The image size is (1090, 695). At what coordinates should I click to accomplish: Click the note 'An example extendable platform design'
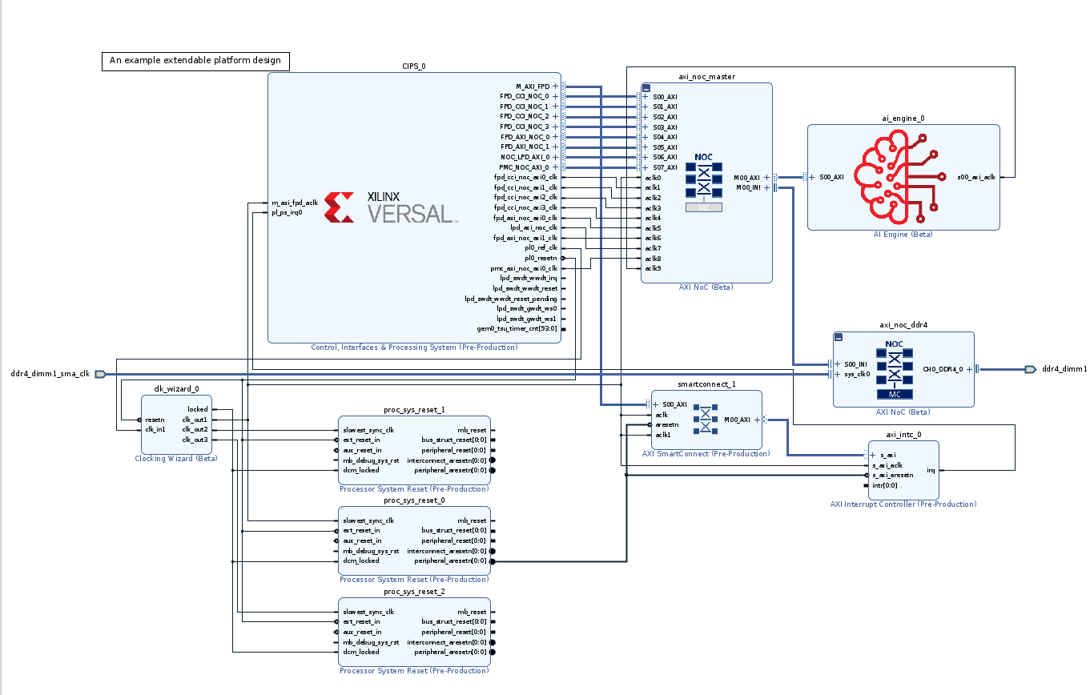[x=195, y=61]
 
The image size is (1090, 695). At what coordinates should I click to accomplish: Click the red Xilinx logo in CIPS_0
[x=341, y=207]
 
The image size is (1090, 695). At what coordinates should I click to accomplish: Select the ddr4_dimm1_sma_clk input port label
[x=50, y=374]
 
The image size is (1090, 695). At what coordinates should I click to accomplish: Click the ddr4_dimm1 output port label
[x=1061, y=369]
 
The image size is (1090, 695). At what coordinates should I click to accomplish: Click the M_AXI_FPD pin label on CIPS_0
[x=533, y=86]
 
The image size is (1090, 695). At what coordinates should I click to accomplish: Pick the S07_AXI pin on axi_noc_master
[x=664, y=167]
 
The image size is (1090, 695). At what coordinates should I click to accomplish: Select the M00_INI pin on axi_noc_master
[x=748, y=188]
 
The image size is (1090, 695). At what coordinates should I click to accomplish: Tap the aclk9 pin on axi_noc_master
[x=654, y=268]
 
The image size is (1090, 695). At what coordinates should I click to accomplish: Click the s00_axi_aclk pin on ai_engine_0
[x=976, y=177]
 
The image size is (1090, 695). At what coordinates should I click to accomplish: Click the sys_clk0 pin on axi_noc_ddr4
[x=856, y=374]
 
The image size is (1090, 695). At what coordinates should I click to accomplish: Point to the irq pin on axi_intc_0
[x=931, y=470]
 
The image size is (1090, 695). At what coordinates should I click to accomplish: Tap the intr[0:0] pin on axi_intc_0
[x=884, y=485]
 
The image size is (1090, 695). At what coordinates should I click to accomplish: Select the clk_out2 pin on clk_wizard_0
[x=195, y=429]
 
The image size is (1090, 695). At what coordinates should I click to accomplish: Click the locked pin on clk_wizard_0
[x=197, y=409]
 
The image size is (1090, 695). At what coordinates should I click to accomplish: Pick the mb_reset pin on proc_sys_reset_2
[x=472, y=612]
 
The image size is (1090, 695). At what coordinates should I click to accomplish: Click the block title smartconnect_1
[x=706, y=384]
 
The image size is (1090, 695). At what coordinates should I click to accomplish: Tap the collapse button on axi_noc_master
[x=646, y=87]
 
